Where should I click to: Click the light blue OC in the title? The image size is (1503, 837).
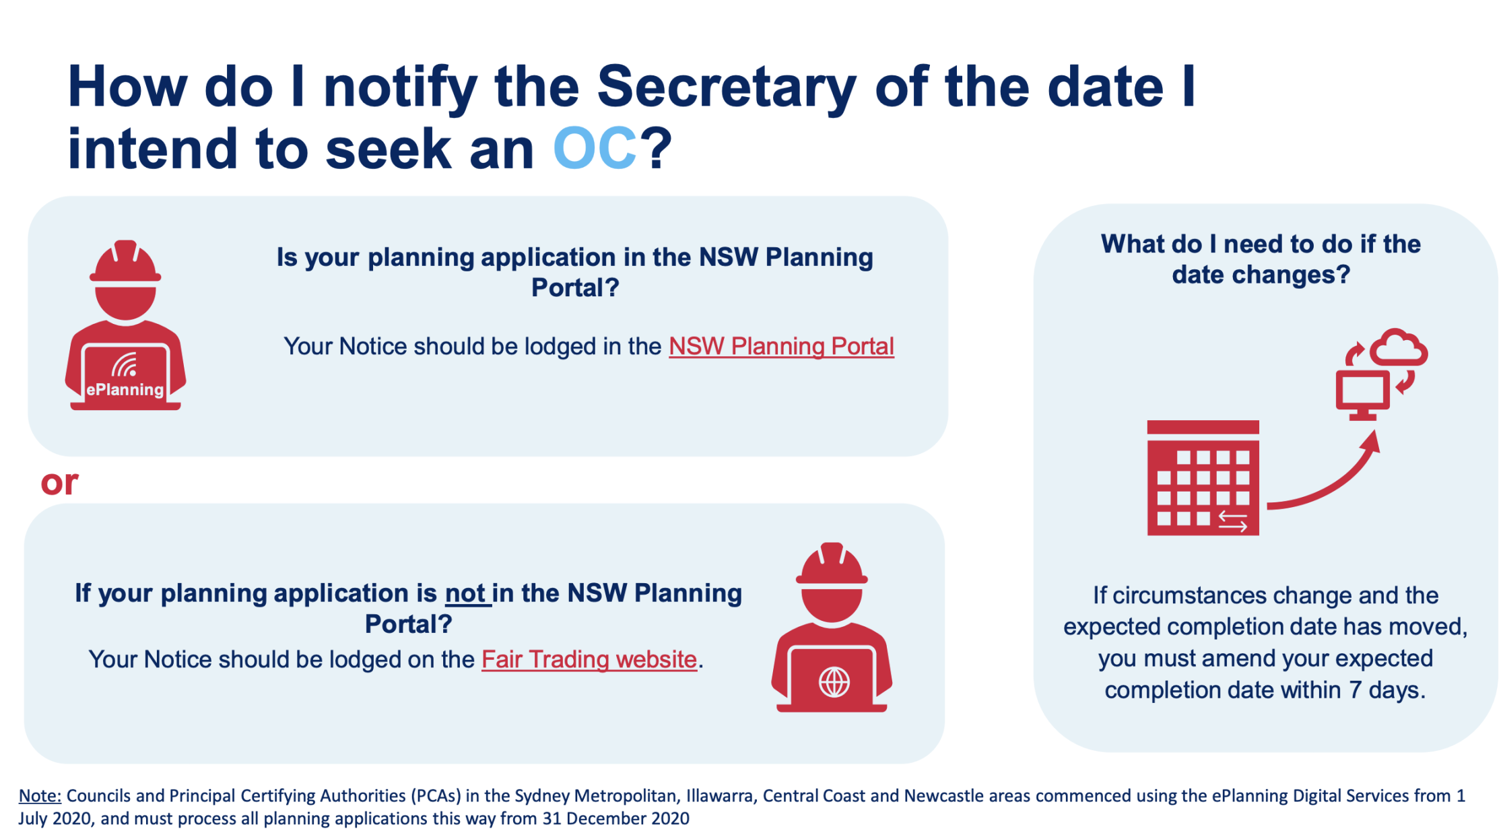595,149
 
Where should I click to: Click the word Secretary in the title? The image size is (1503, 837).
726,88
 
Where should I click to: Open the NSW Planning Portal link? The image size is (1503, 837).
781,346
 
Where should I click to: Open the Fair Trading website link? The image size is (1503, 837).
589,659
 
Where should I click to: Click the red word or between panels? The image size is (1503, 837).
59,483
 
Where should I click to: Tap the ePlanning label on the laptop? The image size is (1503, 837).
125,389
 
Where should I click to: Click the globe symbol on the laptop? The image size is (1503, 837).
834,683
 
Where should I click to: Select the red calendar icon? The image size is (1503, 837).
1203,477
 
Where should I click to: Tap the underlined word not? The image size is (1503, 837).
466,593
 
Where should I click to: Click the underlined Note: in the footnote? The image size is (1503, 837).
40,796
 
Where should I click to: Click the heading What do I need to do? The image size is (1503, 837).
1261,259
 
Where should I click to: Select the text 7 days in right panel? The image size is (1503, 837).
1387,690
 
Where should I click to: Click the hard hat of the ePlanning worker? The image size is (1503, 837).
125,262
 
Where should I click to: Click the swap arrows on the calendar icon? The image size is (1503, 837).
1232,521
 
